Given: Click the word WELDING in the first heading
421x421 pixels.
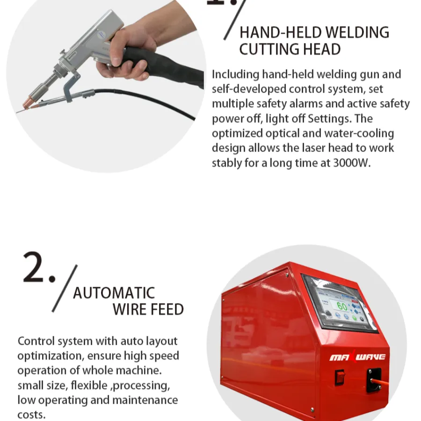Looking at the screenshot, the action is tap(357, 32).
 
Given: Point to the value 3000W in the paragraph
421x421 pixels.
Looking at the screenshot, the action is tap(352, 163).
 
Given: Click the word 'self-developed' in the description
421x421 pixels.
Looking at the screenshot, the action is tap(249, 89).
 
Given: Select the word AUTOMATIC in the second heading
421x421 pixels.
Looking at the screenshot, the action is tap(114, 293).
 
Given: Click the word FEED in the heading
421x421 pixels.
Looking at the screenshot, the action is tap(167, 309).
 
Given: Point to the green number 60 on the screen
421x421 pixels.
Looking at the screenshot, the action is tap(342, 306).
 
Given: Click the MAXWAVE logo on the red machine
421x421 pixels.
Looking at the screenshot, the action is tap(357, 357).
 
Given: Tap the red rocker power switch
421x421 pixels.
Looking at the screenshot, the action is tap(340, 377).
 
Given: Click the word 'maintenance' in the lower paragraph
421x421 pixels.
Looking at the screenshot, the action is tap(145, 400).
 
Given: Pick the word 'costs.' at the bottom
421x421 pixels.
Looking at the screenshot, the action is tap(31, 415).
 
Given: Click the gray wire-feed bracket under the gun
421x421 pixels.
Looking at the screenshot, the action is tap(70, 87).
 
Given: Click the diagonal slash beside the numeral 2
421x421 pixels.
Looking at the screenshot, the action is tap(65, 288).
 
